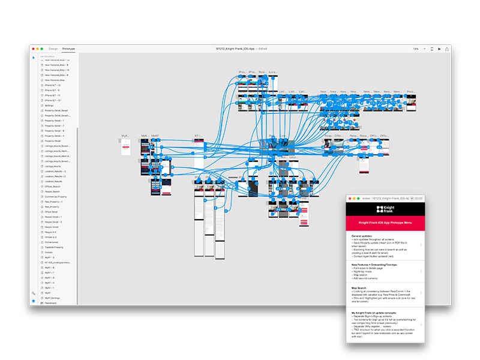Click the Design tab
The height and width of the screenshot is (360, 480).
click(53, 49)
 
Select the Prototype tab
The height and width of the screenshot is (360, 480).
click(68, 49)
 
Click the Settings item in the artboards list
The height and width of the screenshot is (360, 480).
click(49, 106)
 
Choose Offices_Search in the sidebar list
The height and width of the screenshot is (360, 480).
click(53, 187)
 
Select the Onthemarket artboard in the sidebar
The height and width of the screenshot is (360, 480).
click(52, 242)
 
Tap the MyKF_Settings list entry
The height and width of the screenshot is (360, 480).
click(52, 298)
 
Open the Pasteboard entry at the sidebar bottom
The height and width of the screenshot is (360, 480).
click(51, 303)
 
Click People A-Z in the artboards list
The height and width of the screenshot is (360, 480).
click(52, 232)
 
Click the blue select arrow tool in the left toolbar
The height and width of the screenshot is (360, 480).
click(34, 58)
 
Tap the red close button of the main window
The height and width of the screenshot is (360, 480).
click(34, 49)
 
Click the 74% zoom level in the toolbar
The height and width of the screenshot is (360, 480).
click(415, 49)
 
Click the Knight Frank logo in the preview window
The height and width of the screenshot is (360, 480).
click(385, 210)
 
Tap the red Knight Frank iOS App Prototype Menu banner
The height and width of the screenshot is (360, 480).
click(385, 223)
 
